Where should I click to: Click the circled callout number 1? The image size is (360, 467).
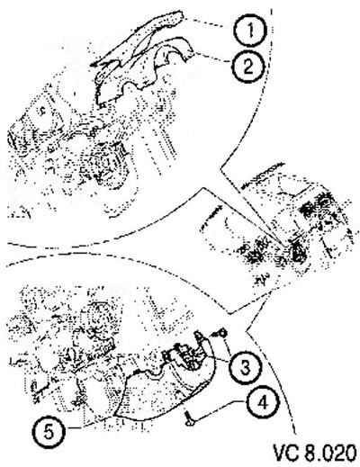(250, 30)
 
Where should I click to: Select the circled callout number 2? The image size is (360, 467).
(247, 67)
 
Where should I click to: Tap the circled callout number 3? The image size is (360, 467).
(245, 368)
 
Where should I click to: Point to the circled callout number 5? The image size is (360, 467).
(49, 432)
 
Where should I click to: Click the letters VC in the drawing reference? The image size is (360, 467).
(286, 453)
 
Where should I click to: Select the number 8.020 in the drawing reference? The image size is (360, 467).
(330, 453)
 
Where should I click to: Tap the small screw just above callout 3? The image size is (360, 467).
(221, 333)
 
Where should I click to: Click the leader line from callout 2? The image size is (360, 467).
(213, 58)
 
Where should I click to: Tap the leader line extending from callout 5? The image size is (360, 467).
(90, 425)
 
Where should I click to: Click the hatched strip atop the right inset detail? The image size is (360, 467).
(263, 175)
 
